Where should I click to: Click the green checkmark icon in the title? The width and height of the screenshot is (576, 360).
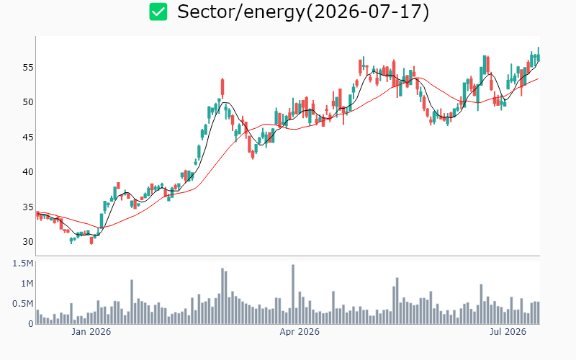pyautogui.click(x=158, y=12)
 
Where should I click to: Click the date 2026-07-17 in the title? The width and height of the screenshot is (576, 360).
pyautogui.click(x=367, y=12)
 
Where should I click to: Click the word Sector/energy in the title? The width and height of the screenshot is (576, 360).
pyautogui.click(x=241, y=12)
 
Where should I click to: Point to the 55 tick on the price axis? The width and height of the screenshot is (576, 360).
pyautogui.click(x=28, y=67)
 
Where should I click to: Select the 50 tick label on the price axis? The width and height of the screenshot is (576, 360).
pyautogui.click(x=28, y=102)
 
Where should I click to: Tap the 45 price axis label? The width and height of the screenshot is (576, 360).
pyautogui.click(x=28, y=137)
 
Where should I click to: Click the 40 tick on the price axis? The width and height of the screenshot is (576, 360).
pyautogui.click(x=28, y=172)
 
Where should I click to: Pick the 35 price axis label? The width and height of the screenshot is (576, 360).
pyautogui.click(x=28, y=207)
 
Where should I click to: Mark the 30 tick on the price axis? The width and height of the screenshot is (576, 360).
pyautogui.click(x=28, y=242)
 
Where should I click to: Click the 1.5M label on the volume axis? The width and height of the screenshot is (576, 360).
pyautogui.click(x=23, y=264)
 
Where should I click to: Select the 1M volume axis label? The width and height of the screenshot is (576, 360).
pyautogui.click(x=27, y=284)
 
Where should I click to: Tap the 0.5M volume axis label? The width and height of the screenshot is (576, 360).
pyautogui.click(x=23, y=304)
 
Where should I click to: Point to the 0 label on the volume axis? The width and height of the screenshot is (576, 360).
pyautogui.click(x=31, y=324)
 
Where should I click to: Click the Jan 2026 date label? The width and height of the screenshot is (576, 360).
pyautogui.click(x=91, y=332)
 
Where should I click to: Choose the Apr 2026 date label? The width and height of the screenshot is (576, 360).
pyautogui.click(x=300, y=332)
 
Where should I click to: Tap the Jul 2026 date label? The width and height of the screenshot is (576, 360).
pyautogui.click(x=508, y=332)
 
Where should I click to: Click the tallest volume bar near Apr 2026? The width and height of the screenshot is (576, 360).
pyautogui.click(x=293, y=294)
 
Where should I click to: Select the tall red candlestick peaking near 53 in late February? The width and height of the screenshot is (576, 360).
pyautogui.click(x=222, y=88)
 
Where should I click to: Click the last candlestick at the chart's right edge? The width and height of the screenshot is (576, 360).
pyautogui.click(x=539, y=55)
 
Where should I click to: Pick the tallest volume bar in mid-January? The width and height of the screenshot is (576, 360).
pyautogui.click(x=132, y=302)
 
